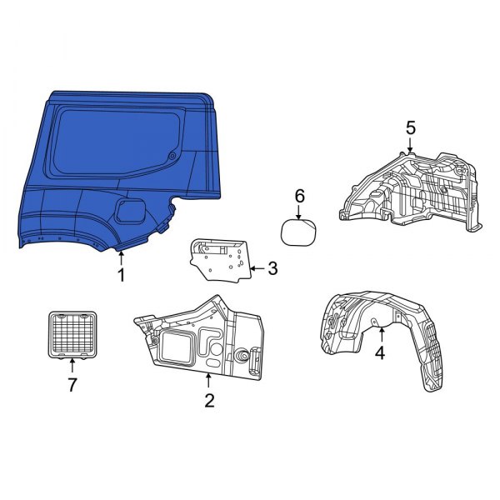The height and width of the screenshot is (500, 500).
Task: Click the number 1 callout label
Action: click(121, 275)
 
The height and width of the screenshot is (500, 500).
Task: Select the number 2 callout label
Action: click(209, 401)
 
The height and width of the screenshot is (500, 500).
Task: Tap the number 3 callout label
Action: click(272, 268)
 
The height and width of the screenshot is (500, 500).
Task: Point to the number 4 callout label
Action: click(380, 352)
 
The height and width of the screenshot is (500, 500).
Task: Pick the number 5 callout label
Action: click(410, 127)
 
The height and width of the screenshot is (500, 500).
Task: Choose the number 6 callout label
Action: click(300, 197)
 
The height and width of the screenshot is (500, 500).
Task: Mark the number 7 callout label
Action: click(72, 384)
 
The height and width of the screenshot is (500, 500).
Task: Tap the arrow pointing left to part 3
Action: click(256, 268)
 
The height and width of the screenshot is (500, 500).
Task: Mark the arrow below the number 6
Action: click(300, 212)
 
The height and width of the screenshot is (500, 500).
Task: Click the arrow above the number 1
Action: click(121, 257)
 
